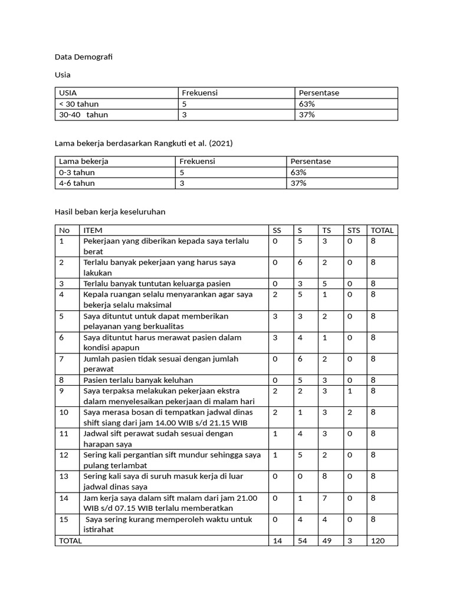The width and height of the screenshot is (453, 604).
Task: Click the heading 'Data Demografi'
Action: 83,57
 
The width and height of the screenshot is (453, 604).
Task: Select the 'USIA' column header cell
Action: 68,93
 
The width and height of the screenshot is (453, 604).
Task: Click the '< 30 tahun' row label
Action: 78,104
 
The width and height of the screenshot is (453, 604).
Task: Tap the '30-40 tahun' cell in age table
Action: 83,115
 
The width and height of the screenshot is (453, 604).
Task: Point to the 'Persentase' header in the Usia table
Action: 319,93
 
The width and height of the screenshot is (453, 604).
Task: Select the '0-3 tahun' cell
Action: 77,172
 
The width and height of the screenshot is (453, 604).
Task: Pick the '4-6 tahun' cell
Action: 77,183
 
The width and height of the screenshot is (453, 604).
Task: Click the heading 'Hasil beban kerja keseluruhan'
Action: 110,212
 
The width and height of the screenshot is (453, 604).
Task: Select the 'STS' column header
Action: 353,230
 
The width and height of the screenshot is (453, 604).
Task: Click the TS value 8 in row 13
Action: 324,476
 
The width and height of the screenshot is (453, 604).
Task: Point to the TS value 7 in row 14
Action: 324,498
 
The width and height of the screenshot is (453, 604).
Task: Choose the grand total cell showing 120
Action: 378,541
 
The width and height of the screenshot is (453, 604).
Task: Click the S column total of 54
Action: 301,541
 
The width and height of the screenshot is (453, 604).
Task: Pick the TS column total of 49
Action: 326,541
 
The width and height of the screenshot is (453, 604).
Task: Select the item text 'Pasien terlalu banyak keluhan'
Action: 138,380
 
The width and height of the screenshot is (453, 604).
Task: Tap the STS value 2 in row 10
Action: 349,412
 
